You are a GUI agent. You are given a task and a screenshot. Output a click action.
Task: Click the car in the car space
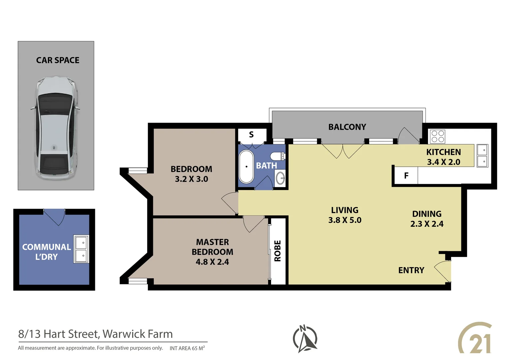coord(56,128)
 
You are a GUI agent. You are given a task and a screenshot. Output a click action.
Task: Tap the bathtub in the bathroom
coord(246,167)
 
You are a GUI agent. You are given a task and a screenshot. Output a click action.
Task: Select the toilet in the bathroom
coord(277,156)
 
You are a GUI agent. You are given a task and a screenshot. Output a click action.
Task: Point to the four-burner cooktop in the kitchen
coord(437,136)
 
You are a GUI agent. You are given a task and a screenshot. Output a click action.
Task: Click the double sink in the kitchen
coord(482,156)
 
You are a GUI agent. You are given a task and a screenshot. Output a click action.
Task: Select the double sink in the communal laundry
coord(81,249)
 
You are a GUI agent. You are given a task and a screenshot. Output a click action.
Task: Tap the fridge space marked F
coord(406,176)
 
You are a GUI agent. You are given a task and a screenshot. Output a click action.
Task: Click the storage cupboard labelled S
coord(252,135)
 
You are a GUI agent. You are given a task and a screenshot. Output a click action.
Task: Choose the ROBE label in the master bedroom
coord(277,251)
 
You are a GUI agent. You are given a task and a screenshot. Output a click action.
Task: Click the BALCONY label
coord(347,127)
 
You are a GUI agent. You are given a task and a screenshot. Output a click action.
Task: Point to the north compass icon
coord(305,339)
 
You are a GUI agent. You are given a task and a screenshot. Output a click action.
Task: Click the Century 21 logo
coord(475,338)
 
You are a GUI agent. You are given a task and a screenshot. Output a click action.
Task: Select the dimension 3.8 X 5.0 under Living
coord(345,220)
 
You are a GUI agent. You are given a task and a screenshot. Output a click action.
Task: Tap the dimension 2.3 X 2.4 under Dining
coord(427,224)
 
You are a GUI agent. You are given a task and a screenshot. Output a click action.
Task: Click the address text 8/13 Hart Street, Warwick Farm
coord(96,334)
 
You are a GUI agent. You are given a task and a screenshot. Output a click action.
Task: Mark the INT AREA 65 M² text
coord(187,348)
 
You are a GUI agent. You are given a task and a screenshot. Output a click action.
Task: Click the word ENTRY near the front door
coord(411,270)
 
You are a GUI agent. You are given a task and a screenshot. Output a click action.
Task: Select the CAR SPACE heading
coord(58,60)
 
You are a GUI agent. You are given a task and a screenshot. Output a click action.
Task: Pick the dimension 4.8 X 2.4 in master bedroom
coord(212,262)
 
